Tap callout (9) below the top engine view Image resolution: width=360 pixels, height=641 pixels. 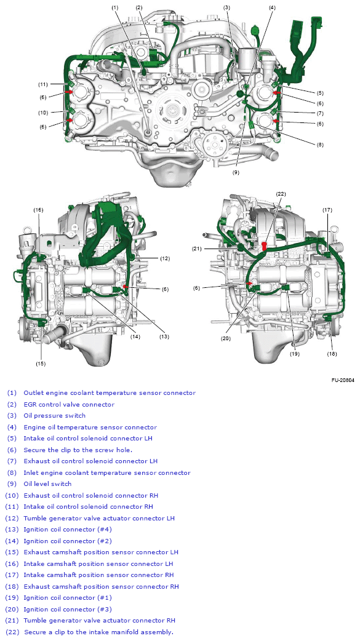(236, 173)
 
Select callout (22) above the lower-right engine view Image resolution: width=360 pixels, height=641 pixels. (281, 194)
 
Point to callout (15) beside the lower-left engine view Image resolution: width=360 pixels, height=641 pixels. (41, 364)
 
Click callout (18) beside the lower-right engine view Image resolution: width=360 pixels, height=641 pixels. (332, 354)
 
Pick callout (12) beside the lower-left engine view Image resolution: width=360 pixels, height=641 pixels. (164, 258)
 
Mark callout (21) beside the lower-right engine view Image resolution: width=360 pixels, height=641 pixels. (197, 249)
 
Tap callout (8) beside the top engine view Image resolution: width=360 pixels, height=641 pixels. (319, 145)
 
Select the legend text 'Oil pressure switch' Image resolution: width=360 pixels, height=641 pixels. (55, 416)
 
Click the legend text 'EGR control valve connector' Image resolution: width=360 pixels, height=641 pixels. (69, 404)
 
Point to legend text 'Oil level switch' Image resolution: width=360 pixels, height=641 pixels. (47, 484)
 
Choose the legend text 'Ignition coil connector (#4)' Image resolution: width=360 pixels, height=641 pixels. (68, 530)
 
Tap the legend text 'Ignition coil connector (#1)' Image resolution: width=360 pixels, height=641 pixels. (68, 598)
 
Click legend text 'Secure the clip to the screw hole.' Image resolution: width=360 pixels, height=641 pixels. (78, 450)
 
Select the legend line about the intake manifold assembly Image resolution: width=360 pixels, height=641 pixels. (98, 632)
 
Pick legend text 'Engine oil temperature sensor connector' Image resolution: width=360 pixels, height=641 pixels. (90, 427)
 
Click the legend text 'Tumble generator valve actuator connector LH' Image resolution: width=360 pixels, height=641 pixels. (99, 518)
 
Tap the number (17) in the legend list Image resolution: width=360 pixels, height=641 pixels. (12, 575)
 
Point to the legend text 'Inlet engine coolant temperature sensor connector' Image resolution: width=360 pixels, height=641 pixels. (107, 472)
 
